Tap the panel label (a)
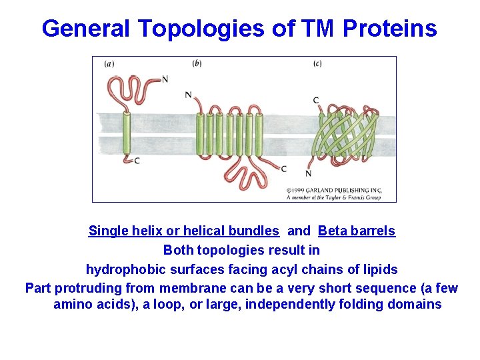(x=109, y=64)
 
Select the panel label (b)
(x=197, y=63)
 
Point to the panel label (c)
(x=317, y=64)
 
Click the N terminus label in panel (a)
(x=165, y=79)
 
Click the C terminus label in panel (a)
(x=137, y=161)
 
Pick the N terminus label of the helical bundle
(x=189, y=95)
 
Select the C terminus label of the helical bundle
(x=284, y=169)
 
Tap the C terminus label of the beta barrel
(x=316, y=101)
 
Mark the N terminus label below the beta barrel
(x=308, y=174)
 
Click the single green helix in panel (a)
(x=126, y=133)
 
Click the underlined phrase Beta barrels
(x=357, y=231)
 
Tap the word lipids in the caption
(x=378, y=269)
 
